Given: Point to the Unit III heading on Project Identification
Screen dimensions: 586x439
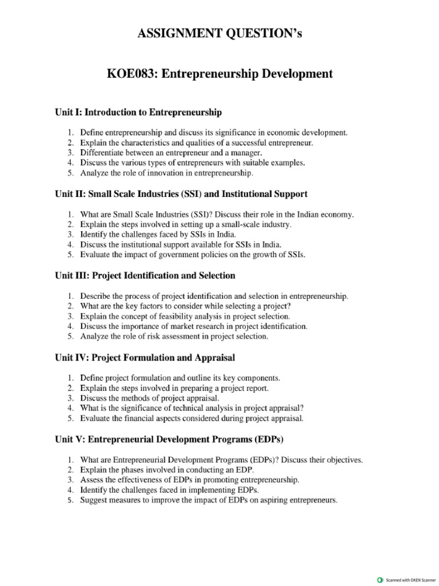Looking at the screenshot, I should [x=145, y=276].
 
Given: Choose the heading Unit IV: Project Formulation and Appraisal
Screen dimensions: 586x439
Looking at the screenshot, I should [x=145, y=358].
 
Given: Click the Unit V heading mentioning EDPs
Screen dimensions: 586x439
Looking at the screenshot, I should [x=169, y=439].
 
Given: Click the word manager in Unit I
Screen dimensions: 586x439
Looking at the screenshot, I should [x=245, y=153].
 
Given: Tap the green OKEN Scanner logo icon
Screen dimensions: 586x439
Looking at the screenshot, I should [x=380, y=579].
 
